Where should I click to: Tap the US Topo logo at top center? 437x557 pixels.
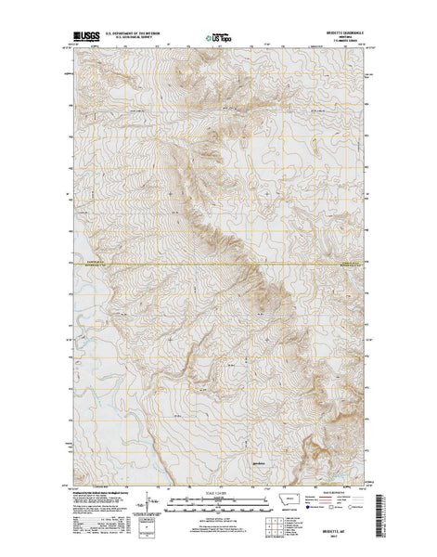pyautogui.click(x=219, y=39)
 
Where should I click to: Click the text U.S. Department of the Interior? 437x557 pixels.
pyautogui.click(x=146, y=36)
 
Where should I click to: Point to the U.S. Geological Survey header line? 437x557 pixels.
pyautogui.click(x=146, y=41)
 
